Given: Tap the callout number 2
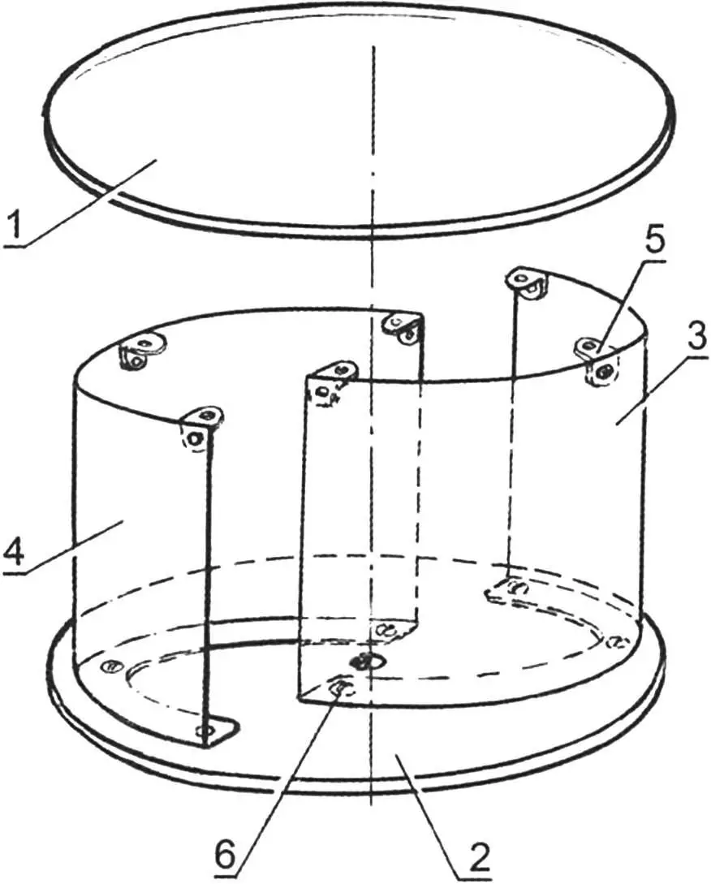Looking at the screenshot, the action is (478, 857).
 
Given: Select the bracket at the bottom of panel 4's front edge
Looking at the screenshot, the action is (219, 731).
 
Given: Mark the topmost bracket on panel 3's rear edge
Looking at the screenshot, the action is (528, 282).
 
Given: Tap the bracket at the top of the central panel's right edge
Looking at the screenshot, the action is (403, 328).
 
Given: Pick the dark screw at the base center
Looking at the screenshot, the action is (364, 661).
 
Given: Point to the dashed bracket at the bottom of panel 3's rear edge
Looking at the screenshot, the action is (507, 589).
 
